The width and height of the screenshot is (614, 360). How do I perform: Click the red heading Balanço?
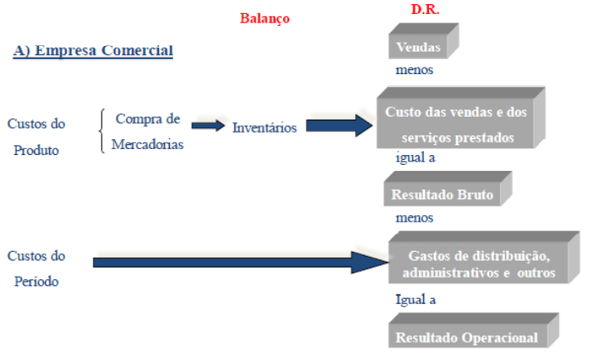point(265,18)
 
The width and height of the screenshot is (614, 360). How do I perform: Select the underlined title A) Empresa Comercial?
point(92,51)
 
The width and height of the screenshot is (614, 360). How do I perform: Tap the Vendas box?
point(419,47)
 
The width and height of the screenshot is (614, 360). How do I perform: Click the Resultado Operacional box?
point(466,337)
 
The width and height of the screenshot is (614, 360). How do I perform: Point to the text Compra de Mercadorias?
point(148,131)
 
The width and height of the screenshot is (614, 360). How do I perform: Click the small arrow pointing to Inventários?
point(208,126)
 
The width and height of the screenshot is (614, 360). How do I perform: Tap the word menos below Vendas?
point(414,70)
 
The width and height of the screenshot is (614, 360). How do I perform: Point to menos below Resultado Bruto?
point(413,217)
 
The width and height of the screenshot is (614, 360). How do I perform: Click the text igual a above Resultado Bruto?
point(416,157)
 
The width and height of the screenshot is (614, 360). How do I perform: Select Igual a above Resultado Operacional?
point(416,299)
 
